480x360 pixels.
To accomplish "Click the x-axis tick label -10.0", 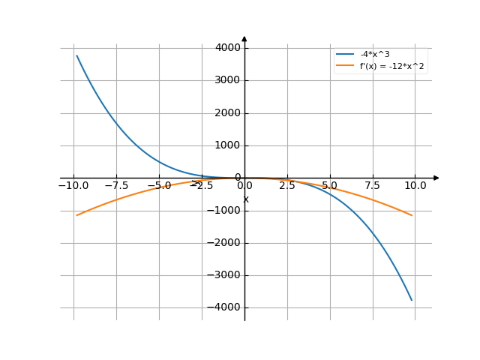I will tap(73, 184).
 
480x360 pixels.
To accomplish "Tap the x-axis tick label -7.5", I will tap(116, 184).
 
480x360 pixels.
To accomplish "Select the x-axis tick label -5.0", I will tap(159, 184).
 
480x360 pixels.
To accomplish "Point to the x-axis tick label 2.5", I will tap(287, 184).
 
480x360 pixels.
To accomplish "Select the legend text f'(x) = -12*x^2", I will tap(393, 66).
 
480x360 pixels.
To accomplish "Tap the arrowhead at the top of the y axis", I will tap(244, 37).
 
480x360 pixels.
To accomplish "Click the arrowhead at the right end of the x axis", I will tap(436, 178).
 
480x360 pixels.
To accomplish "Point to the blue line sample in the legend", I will tap(345, 55).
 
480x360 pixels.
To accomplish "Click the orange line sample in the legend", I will tap(345, 66).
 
